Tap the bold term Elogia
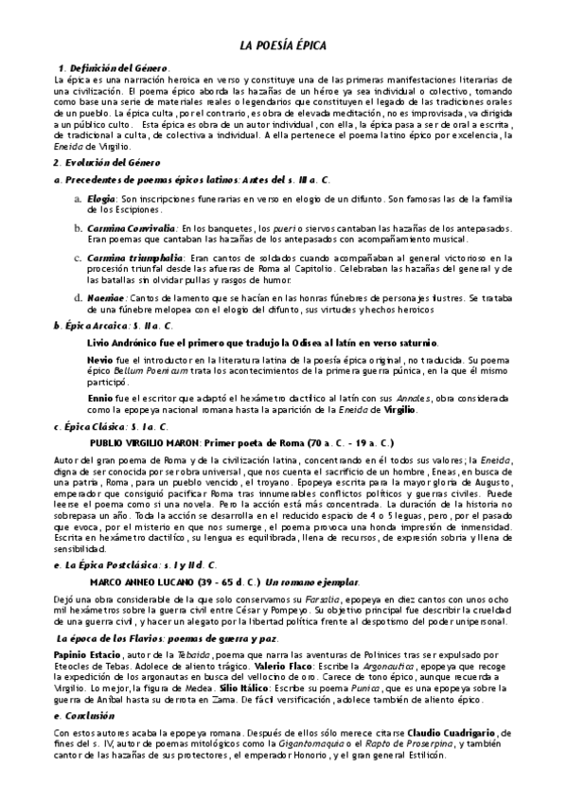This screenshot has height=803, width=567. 100,198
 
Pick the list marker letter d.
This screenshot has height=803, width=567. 79,297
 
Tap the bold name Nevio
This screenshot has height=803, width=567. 99,361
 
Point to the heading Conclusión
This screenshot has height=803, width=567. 89,717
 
